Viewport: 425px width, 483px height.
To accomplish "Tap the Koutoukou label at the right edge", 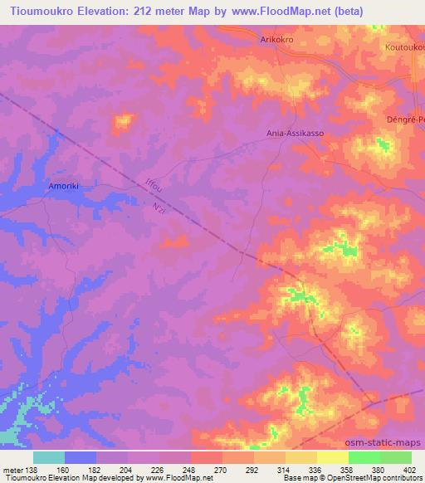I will pyautogui.click(x=404, y=48).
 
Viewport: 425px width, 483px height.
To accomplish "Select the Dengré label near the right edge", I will pyautogui.click(x=405, y=119).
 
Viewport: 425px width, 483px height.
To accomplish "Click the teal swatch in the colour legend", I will pyautogui.click(x=48, y=457).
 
